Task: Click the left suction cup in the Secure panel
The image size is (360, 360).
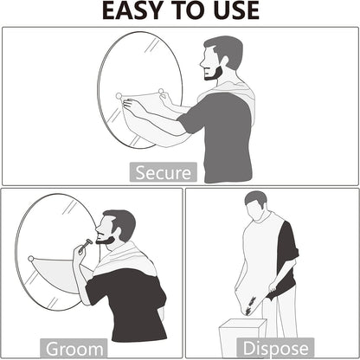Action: pyautogui.click(x=119, y=95)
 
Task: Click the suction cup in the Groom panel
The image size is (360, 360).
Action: pyautogui.click(x=29, y=258)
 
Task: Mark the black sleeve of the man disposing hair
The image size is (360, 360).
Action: pyautogui.click(x=288, y=251)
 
